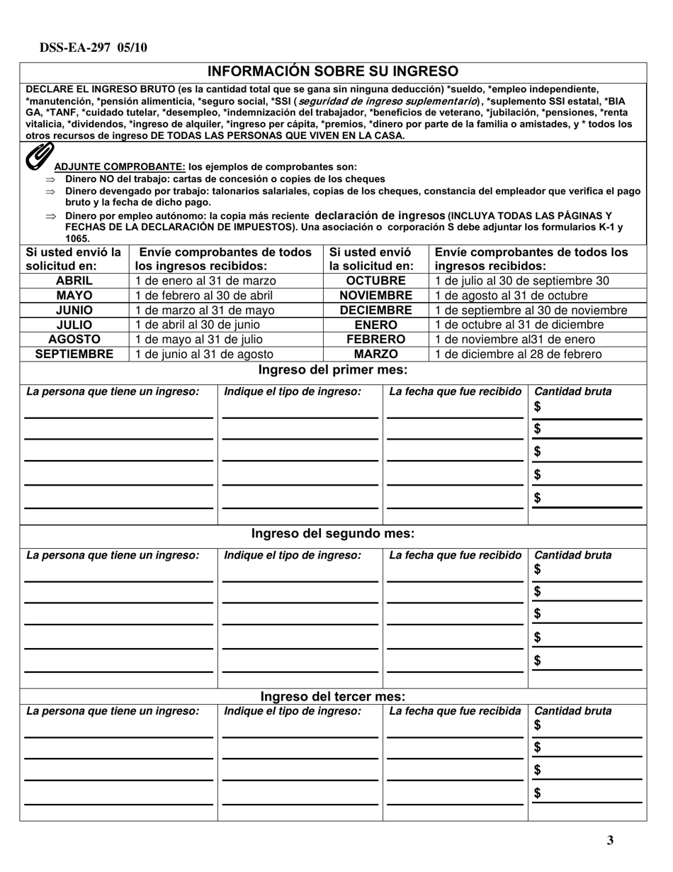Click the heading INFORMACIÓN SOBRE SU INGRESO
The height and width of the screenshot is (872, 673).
tap(332, 71)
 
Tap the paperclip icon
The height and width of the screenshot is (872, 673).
tap(39, 157)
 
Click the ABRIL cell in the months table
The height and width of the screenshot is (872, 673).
tap(74, 280)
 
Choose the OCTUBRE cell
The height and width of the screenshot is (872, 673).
tap(375, 280)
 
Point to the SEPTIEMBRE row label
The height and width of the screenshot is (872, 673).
tap(74, 354)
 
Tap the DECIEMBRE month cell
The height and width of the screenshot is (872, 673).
tap(375, 310)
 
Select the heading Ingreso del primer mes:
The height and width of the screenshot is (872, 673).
tap(332, 369)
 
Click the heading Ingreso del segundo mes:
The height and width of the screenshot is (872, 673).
tap(332, 533)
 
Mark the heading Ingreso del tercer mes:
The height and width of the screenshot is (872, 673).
tap(332, 696)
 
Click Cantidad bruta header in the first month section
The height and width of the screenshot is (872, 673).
tap(572, 391)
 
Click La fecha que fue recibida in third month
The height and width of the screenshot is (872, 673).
tap(456, 710)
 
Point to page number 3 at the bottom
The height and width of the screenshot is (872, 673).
tap(610, 841)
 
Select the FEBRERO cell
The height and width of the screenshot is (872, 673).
tap(375, 339)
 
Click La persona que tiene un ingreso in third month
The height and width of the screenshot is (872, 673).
tap(113, 710)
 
